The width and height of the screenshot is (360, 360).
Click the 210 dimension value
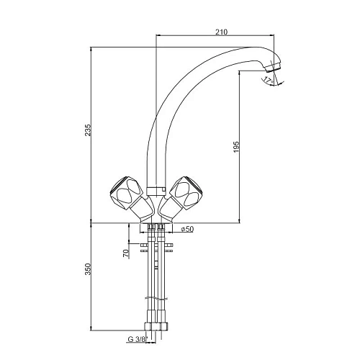point(221,32)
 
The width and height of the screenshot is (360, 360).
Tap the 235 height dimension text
point(88,130)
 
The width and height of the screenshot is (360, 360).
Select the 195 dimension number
point(236,147)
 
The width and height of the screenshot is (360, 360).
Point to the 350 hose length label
point(88,269)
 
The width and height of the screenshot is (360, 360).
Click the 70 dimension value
point(126,253)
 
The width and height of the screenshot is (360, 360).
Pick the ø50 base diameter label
point(187,229)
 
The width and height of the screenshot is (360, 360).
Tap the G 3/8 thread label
point(137,339)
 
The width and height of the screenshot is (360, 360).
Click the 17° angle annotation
point(268,79)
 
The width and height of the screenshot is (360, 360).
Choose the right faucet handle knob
point(186,192)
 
